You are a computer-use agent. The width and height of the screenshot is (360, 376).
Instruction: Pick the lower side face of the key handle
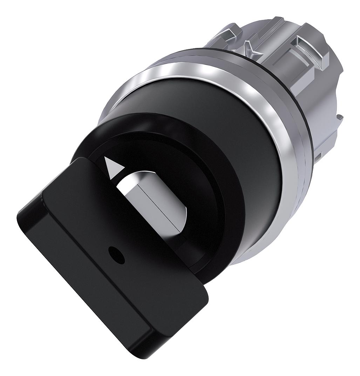pyautogui.click(x=105, y=315)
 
